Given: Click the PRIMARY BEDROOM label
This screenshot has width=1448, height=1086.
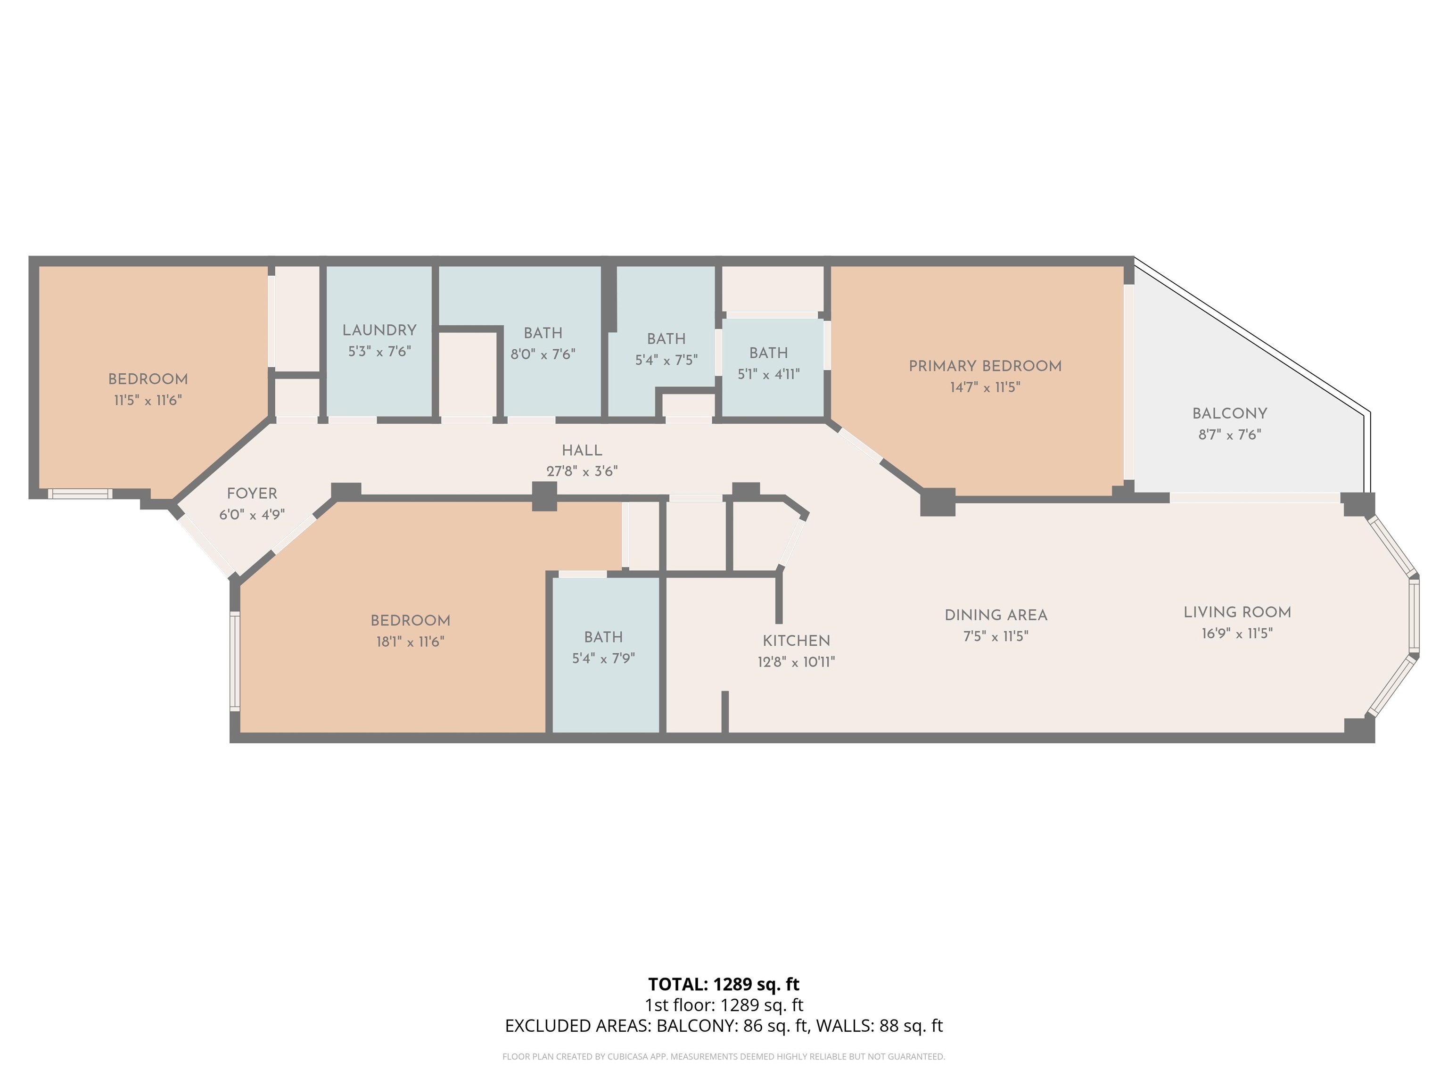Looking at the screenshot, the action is pyautogui.click(x=985, y=366).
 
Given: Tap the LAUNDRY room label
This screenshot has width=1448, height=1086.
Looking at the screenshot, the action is pyautogui.click(x=379, y=330).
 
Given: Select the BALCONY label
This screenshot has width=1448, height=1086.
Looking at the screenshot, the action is pyautogui.click(x=1229, y=414).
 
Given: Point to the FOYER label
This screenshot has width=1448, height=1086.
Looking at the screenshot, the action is pyautogui.click(x=252, y=494).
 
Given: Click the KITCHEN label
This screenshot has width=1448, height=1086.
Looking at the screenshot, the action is pyautogui.click(x=796, y=641).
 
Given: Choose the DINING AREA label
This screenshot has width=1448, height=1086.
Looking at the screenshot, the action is pyautogui.click(x=995, y=615).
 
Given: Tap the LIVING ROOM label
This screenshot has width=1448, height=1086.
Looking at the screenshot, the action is pyautogui.click(x=1237, y=612).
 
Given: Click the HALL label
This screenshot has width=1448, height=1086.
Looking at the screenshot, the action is pyautogui.click(x=582, y=450).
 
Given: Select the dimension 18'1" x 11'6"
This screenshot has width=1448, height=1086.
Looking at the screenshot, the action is pyautogui.click(x=411, y=642).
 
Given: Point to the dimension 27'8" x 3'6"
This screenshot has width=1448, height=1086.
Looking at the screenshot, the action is pyautogui.click(x=582, y=471).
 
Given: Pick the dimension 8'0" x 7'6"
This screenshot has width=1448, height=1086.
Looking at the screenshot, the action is pyautogui.click(x=543, y=354).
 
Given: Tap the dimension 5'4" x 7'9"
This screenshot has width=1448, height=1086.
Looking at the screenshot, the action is pyautogui.click(x=603, y=658).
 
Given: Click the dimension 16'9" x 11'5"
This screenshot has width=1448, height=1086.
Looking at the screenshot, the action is pyautogui.click(x=1237, y=633).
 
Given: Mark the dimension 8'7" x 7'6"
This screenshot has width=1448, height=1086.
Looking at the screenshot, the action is pyautogui.click(x=1229, y=435).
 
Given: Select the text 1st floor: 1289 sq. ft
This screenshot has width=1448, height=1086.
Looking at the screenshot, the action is pyautogui.click(x=724, y=1005).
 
